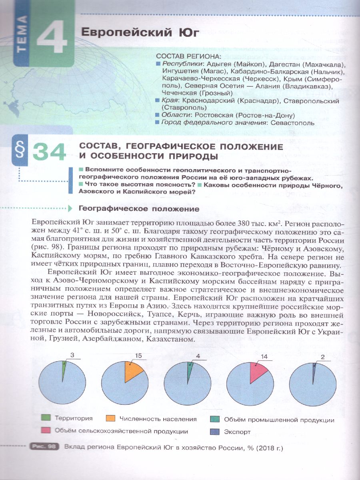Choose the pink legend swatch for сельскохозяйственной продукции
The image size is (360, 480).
46,431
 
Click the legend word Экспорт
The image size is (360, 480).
237,432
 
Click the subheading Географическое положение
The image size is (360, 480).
139,208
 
